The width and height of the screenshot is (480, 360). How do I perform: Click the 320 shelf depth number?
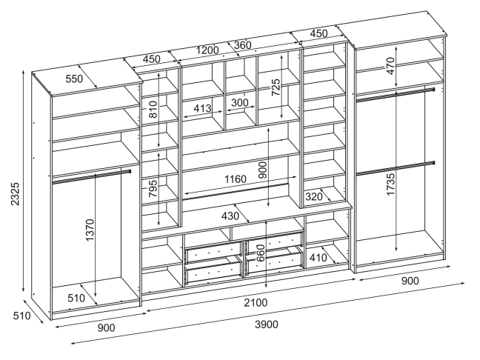pyautogui.click(x=314, y=196)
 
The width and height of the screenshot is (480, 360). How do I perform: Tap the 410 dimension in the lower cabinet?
pyautogui.click(x=319, y=259)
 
